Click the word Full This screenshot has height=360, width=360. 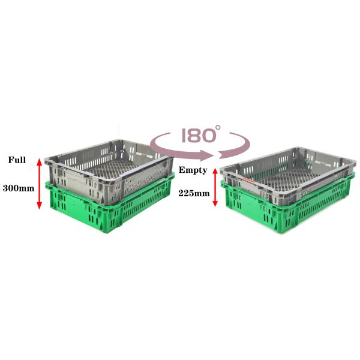tap(17, 160)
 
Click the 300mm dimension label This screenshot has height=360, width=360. tap(19, 188)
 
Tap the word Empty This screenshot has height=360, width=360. tap(193, 170)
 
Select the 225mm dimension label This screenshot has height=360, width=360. tap(194, 194)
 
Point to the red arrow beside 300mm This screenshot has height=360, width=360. tap(39, 184)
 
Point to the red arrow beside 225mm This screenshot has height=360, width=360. tap(215, 187)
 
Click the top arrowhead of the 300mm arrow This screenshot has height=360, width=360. tap(39, 161)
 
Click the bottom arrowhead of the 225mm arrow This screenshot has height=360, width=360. tap(215, 203)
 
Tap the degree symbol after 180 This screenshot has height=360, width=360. tap(218, 127)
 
